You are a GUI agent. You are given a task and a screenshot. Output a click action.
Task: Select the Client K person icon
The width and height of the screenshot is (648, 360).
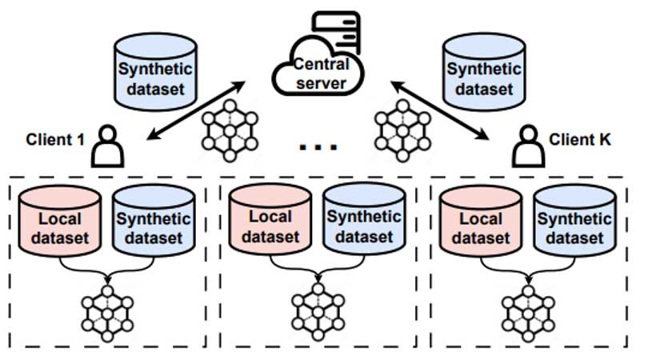(x=527, y=148)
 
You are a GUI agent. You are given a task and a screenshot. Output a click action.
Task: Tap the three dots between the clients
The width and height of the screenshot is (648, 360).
(x=318, y=146)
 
